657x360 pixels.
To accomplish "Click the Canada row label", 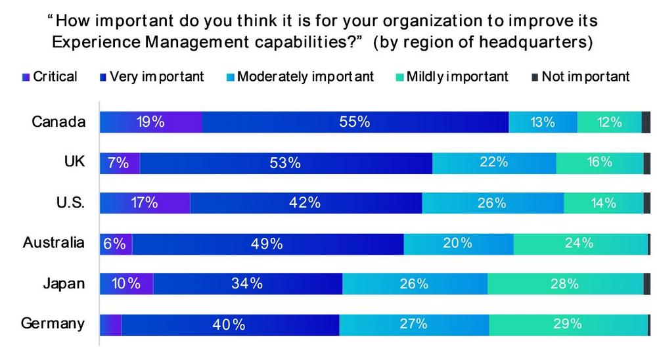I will click(58, 122).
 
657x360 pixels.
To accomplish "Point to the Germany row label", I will click(53, 323).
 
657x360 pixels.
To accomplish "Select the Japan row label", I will click(64, 283).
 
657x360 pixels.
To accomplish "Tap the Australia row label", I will click(54, 242).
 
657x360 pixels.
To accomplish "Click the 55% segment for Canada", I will click(355, 122).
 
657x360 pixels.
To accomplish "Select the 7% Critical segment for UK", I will click(120, 163).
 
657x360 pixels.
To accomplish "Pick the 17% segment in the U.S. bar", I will click(145, 203).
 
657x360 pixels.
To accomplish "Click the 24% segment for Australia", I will click(580, 244).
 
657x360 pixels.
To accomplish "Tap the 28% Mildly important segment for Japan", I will click(565, 284).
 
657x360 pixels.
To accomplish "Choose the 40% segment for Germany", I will click(230, 325).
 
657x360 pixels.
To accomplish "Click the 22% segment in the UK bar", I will click(494, 163).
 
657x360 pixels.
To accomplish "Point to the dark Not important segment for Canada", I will click(646, 122).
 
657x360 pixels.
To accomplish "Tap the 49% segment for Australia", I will click(268, 244).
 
